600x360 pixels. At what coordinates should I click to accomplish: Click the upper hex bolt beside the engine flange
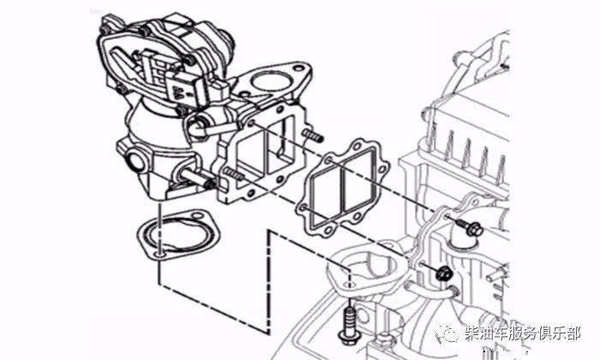pos(470,227)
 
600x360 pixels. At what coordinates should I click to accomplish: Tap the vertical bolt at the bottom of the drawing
pos(350,324)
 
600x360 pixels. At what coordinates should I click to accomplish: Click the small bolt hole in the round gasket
pos(161,254)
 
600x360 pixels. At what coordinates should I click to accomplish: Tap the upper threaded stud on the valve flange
pos(313,135)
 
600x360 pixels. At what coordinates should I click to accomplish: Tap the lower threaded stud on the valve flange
pos(232,174)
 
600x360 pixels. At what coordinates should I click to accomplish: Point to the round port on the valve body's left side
pos(135,161)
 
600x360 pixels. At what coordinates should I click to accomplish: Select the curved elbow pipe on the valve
pos(208,126)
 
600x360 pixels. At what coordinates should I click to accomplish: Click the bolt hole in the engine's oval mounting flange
pos(350,285)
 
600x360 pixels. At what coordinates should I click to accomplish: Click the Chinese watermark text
pos(523,333)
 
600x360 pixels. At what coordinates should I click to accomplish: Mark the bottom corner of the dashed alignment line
pos(268,332)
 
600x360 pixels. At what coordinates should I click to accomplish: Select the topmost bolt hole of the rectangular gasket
pos(358,146)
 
